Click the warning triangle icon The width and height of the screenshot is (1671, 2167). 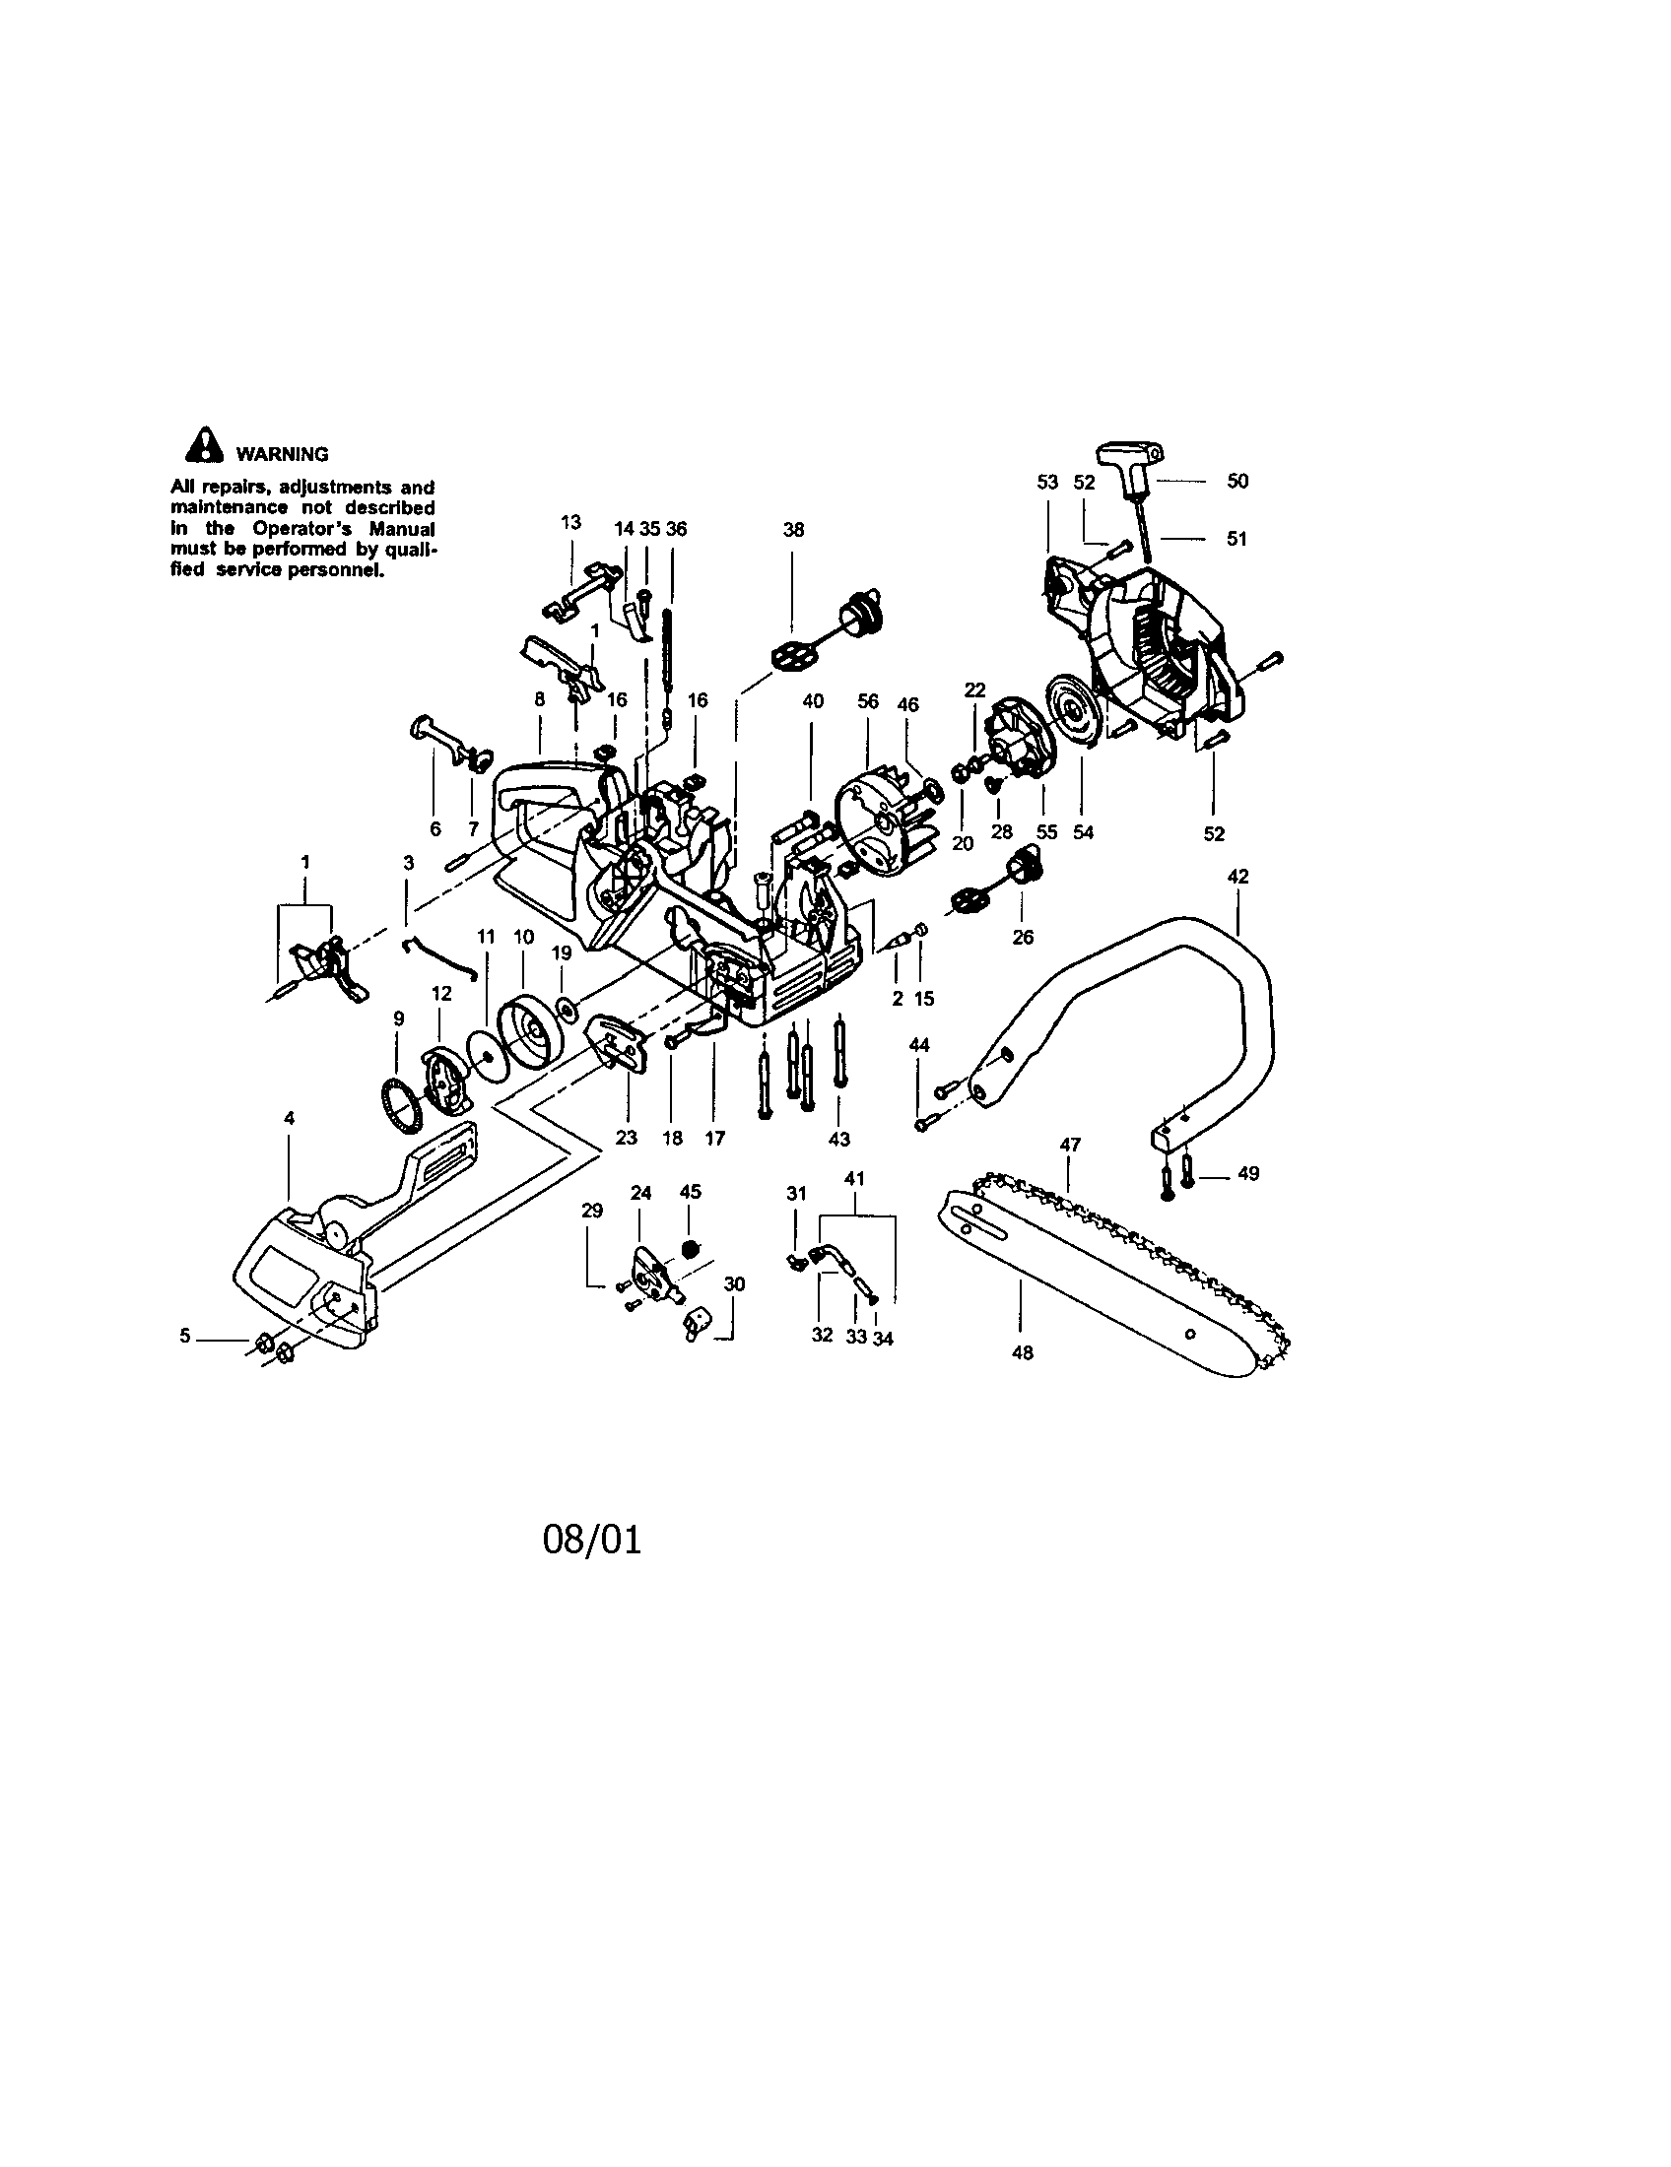[203, 444]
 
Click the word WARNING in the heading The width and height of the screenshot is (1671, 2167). [282, 455]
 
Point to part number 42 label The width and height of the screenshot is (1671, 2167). [1237, 877]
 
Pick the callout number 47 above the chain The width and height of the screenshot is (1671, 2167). [1070, 1144]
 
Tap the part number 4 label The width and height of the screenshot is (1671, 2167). [289, 1118]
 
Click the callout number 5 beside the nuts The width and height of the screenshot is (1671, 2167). [185, 1336]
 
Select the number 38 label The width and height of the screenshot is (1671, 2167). [793, 530]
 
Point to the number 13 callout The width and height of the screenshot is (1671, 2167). [570, 522]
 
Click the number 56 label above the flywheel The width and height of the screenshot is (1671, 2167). [868, 701]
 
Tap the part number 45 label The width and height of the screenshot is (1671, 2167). [691, 1192]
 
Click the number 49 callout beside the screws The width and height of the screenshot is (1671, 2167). [1248, 1174]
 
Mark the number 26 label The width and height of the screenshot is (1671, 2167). [1022, 937]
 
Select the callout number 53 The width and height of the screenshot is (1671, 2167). [1048, 483]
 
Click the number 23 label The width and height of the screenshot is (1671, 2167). [626, 1138]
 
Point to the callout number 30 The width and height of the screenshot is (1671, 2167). [734, 1283]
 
